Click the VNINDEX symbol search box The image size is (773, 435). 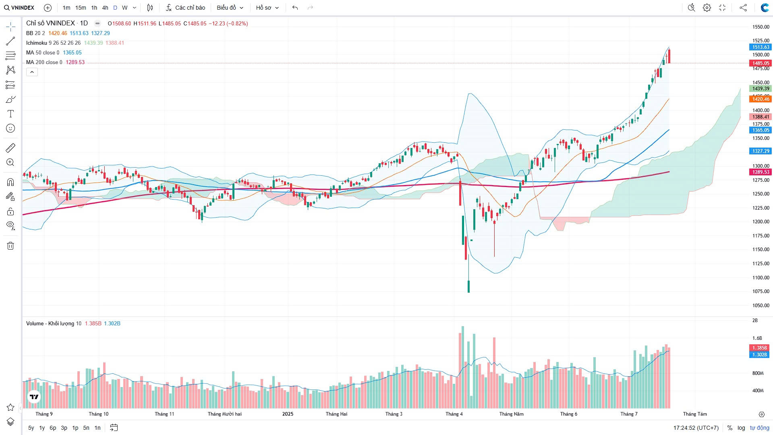19,8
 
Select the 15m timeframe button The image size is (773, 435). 81,8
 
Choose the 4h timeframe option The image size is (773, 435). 105,8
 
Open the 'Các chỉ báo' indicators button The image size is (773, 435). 185,8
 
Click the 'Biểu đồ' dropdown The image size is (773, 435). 230,8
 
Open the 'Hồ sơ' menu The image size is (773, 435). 267,8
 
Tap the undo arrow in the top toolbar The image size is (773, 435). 295,8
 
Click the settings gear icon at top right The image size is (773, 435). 707,8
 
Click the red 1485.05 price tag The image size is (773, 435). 760,63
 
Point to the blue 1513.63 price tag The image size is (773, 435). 760,47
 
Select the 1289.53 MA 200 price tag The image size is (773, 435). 760,172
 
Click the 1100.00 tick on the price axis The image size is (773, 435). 761,277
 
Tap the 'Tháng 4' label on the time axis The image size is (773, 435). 454,414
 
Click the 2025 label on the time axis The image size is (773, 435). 288,414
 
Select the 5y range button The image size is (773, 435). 31,428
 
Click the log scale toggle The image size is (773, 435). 741,428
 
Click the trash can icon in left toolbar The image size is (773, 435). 10,246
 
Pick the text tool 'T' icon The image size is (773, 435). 10,114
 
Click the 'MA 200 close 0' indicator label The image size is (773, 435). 44,62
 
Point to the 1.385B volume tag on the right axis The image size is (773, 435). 759,348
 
